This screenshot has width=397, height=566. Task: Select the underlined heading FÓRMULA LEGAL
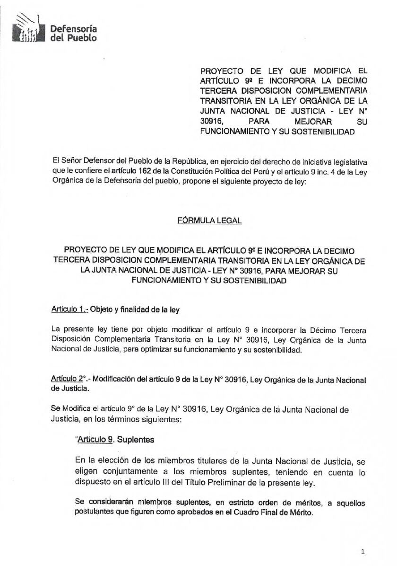point(209,220)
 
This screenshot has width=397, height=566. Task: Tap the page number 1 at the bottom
point(362,551)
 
